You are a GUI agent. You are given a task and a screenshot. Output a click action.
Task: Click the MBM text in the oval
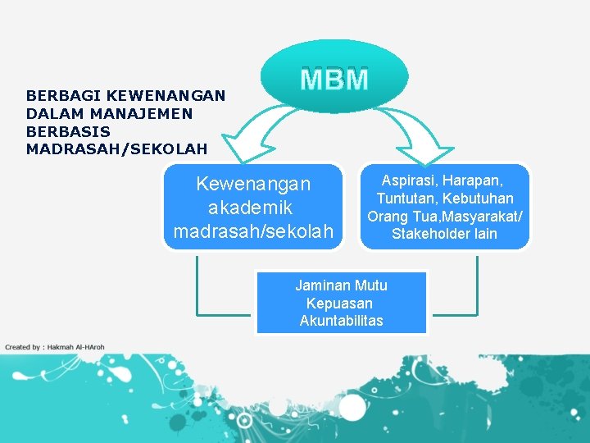click(x=334, y=80)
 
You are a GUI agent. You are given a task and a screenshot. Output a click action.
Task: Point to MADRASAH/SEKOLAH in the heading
click(x=116, y=149)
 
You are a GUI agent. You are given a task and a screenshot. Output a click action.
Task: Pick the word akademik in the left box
click(x=251, y=207)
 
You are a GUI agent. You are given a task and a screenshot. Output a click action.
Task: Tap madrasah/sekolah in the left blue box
click(x=253, y=231)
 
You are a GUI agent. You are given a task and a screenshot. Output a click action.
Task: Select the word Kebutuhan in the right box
click(x=479, y=199)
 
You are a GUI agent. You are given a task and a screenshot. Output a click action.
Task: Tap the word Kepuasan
click(x=339, y=304)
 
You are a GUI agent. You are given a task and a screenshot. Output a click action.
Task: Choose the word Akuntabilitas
click(x=341, y=321)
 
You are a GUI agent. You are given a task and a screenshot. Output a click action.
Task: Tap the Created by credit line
click(x=55, y=347)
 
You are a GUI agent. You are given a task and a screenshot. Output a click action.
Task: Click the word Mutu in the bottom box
click(x=370, y=285)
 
